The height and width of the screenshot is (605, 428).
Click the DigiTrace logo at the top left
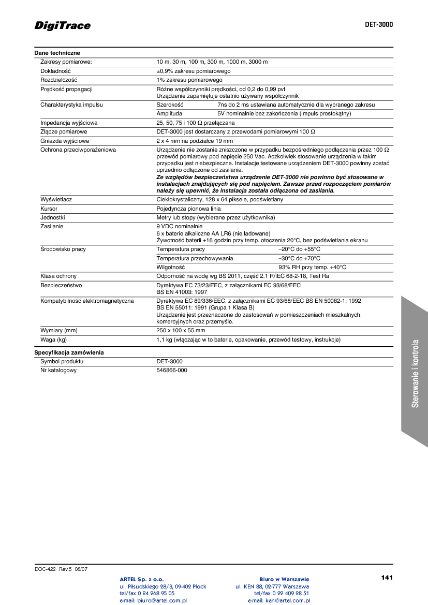coord(63,25)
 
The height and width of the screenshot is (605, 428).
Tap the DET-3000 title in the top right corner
coord(379,24)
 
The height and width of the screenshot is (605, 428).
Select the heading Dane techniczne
coord(57,53)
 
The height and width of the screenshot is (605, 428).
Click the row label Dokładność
coord(55,71)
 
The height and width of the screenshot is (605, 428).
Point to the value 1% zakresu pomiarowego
coord(189,80)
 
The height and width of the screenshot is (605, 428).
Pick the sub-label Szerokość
coord(170,105)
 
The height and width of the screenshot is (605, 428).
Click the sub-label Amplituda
coord(169,113)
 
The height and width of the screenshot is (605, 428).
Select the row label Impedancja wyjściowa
coord(69,123)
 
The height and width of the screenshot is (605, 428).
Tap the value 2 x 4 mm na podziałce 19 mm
coord(195,141)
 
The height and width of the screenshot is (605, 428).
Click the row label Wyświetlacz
coord(56,199)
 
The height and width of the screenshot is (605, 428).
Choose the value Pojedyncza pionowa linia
coord(188,209)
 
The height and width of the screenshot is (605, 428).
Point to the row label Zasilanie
coord(53,226)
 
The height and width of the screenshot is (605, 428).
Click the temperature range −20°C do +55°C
coord(299,249)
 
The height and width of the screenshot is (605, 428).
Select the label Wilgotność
coord(171,267)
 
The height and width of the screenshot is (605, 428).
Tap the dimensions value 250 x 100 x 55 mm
coord(181,330)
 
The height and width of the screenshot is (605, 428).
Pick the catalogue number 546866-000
coord(172,371)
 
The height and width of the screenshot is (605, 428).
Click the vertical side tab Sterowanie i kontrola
coord(415,373)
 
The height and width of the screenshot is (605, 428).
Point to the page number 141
coord(387,577)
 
